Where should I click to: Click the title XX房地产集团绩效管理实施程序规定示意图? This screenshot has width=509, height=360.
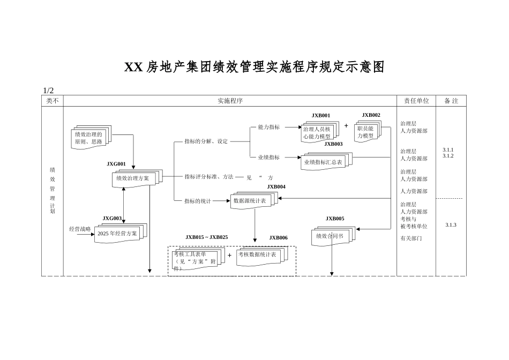[254, 67]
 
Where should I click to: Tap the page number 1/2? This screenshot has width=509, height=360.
[48, 91]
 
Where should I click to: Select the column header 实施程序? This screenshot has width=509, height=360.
[230, 101]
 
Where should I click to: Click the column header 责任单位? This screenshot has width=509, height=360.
[416, 101]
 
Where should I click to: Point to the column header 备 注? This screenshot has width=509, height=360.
[451, 101]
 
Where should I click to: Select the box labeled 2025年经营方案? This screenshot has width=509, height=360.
[117, 234]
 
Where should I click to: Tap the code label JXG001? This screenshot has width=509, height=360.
[116, 164]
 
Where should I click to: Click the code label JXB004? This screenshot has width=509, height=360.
[276, 187]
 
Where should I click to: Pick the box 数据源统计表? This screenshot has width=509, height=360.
[250, 201]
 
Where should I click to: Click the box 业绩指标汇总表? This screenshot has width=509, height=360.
[323, 162]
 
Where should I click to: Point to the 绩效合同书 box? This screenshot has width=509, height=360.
[330, 236]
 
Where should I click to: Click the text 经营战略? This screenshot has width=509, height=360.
[80, 229]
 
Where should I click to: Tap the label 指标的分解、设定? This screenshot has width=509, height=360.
[206, 141]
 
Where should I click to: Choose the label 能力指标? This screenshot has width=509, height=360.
[268, 127]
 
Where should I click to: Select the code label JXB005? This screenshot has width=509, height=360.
[335, 219]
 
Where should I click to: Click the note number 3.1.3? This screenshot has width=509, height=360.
[451, 225]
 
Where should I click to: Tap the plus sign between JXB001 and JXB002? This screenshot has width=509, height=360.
[346, 126]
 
